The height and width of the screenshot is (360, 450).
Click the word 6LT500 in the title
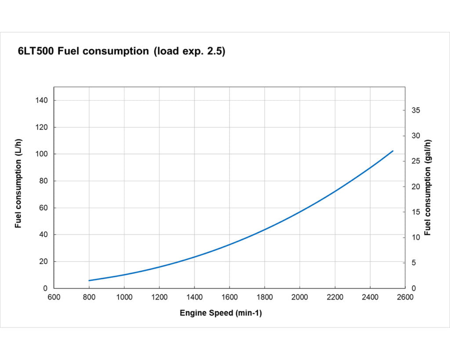coord(36,51)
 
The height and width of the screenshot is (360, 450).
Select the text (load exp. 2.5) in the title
coord(189,51)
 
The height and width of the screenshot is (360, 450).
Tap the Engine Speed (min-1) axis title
coord(221,313)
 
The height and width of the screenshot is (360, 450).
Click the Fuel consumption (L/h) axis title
coord(18,183)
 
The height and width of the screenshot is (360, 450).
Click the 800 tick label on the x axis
coord(89,297)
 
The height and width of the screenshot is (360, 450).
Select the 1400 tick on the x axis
coord(194,297)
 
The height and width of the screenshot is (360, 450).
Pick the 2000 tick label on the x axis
coord(300,297)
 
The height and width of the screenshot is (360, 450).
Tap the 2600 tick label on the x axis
coord(405,297)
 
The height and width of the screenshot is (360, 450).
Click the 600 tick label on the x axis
coord(54,297)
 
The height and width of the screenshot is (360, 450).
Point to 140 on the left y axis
coord(42,101)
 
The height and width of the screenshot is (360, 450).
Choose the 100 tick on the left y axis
coord(42,154)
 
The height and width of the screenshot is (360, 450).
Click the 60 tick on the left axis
coord(44,208)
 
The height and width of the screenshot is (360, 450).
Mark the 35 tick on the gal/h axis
coord(416,110)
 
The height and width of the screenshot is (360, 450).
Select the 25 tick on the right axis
coord(416,161)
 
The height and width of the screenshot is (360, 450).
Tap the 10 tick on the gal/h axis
coord(416,237)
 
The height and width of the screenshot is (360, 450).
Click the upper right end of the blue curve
coord(392,151)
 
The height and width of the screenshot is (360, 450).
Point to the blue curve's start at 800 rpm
coord(89,280)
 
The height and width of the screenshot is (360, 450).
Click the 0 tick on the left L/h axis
coord(46,288)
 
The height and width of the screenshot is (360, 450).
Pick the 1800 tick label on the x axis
coord(265,297)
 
